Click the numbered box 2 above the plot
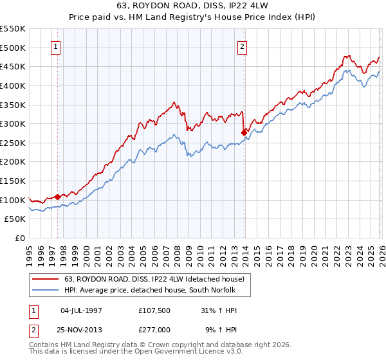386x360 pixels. [243, 46]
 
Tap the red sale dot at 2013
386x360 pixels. [244, 132]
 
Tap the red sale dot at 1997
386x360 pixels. [57, 197]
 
